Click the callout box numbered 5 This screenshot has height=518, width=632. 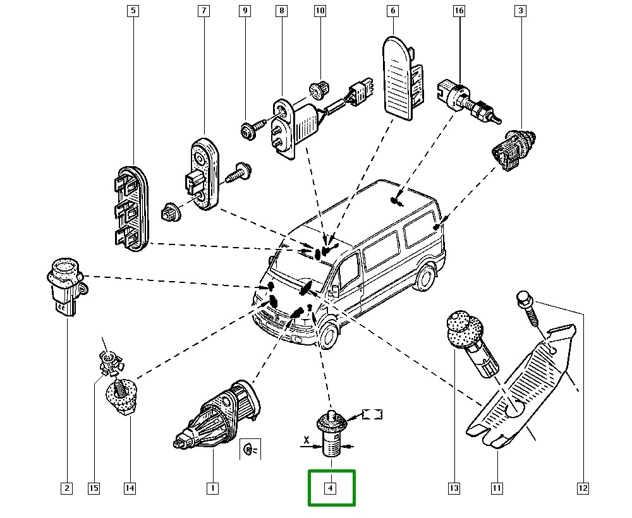(x=133, y=11)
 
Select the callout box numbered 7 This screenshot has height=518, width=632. (x=204, y=11)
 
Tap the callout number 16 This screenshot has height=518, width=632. (x=459, y=11)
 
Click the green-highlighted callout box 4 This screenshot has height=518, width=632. (x=331, y=488)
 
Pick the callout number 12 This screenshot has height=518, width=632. (x=583, y=488)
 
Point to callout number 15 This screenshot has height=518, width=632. (x=94, y=488)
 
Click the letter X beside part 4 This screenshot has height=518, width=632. (x=306, y=438)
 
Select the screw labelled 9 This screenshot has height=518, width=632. (x=248, y=131)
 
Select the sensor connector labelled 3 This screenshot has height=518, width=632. (x=513, y=148)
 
